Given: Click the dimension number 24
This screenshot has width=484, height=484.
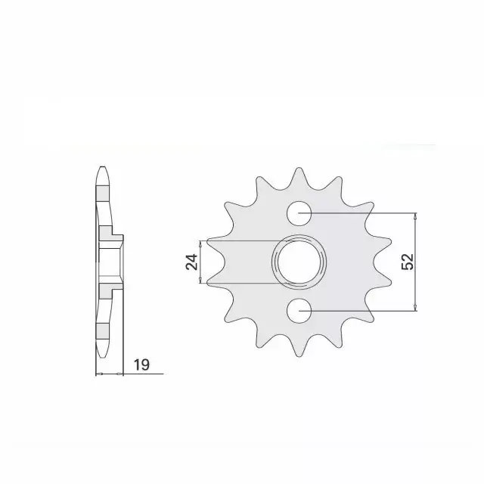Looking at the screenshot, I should (191, 262).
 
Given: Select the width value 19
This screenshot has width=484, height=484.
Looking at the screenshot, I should (141, 365).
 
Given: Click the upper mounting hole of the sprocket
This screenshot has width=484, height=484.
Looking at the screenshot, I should (299, 213).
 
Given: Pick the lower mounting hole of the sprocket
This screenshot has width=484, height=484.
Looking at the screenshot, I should (299, 310).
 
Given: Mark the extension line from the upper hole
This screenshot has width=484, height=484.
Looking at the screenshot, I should (363, 213).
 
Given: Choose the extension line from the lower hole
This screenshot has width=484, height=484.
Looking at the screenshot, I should (363, 310).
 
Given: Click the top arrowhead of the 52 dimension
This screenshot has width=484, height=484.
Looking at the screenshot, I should (415, 216).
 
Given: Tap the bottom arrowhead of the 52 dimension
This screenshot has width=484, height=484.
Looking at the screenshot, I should (415, 307).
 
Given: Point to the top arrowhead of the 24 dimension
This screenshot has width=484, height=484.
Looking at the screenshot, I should (200, 244).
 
